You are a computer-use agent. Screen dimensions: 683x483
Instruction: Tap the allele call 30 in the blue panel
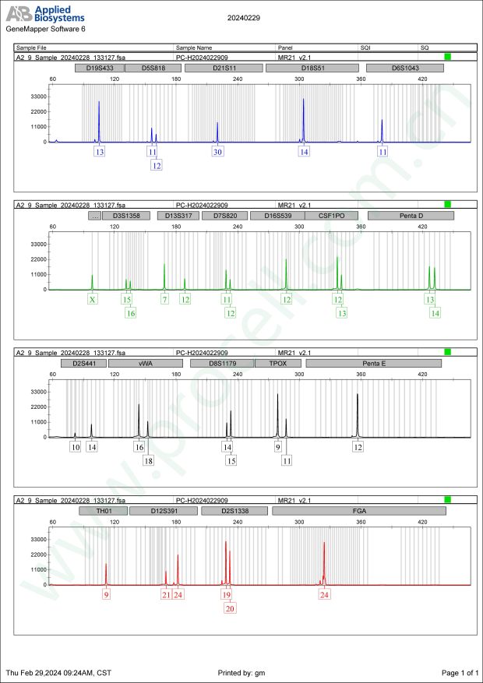217,152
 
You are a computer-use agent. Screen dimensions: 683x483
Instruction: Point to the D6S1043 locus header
406,69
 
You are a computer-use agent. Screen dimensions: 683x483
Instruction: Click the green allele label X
92,299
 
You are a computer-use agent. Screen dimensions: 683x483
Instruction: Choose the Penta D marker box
410,216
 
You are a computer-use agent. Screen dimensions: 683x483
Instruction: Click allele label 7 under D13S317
164,299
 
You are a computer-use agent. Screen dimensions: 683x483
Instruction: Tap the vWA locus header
146,363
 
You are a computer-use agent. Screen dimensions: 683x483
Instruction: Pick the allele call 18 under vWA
149,461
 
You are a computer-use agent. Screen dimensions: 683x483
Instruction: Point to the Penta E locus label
374,363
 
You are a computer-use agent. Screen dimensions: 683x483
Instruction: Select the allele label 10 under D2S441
75,447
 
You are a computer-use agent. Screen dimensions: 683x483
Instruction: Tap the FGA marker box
358,511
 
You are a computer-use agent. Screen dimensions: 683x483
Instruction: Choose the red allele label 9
107,594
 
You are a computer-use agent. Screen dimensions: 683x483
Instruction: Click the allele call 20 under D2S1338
230,609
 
